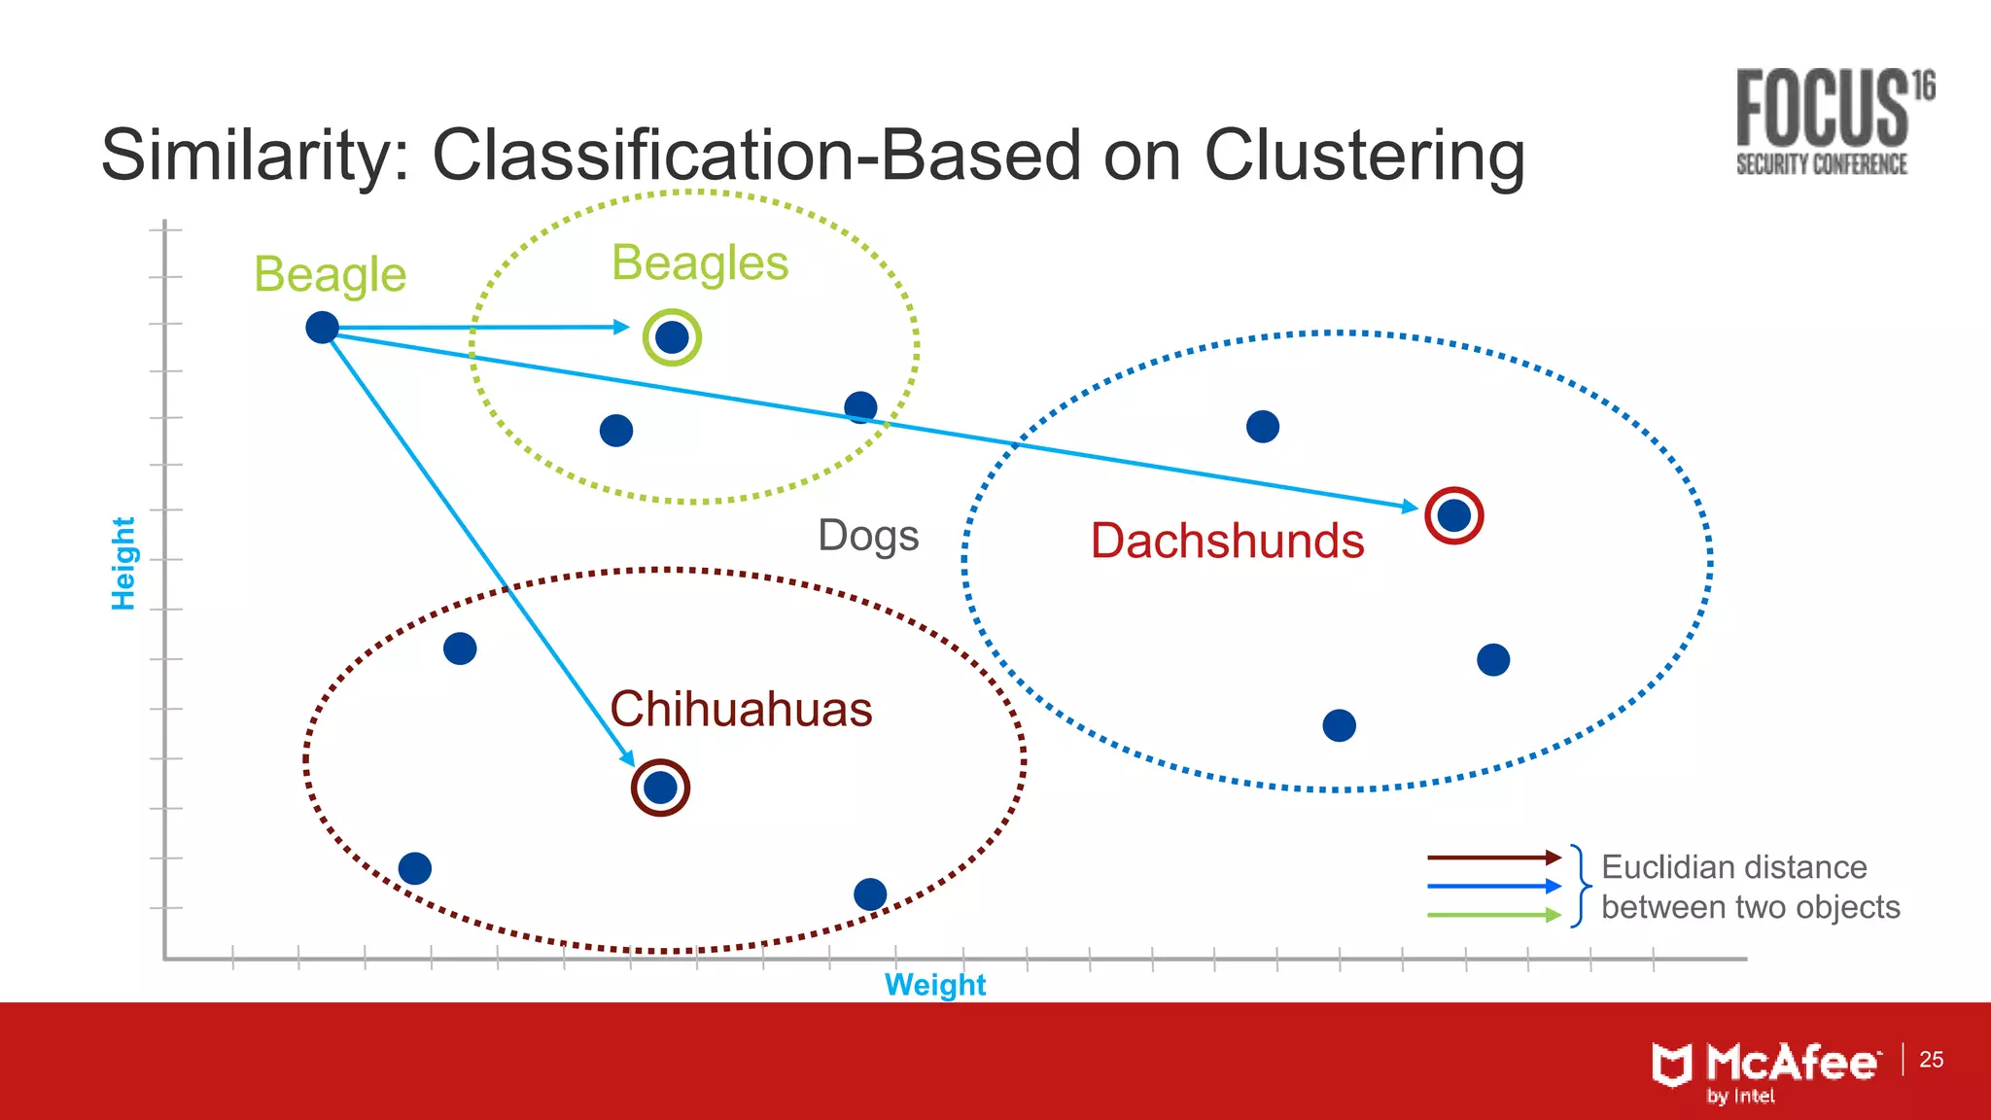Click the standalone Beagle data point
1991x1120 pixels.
click(x=322, y=328)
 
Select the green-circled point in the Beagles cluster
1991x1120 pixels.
click(x=672, y=337)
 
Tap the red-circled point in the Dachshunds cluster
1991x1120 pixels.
click(x=1453, y=515)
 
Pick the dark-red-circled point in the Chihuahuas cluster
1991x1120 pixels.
click(x=660, y=787)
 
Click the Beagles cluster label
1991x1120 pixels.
click(x=700, y=263)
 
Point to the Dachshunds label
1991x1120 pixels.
click(x=1227, y=541)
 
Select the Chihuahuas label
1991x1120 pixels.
click(x=741, y=709)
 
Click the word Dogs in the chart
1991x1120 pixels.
click(x=868, y=536)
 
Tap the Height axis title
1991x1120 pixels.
click(x=123, y=563)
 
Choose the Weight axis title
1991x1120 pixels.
click(x=934, y=985)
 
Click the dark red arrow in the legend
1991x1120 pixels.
click(x=1493, y=857)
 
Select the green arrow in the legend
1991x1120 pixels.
click(x=1493, y=915)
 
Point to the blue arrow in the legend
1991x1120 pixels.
click(x=1493, y=886)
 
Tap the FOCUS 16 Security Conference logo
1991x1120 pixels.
click(x=1834, y=122)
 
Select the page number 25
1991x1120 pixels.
click(x=1931, y=1060)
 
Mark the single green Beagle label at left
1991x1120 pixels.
click(x=330, y=274)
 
